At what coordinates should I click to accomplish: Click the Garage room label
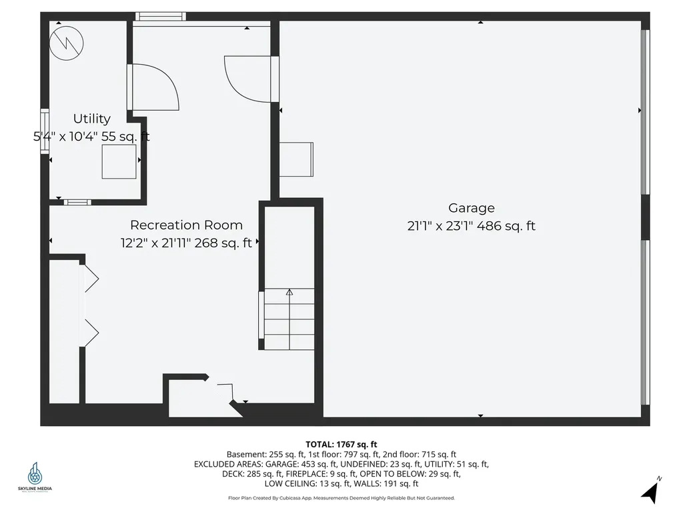coord(471,208)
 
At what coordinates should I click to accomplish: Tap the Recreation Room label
coord(186,225)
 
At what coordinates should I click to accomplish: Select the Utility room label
coord(91,119)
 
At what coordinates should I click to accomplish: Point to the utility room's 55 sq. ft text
coord(125,137)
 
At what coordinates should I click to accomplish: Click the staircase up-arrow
coord(289,292)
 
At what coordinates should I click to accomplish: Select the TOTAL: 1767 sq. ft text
coord(341,444)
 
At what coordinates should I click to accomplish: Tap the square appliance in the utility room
coord(119,161)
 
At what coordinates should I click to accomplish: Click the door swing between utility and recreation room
coord(154,87)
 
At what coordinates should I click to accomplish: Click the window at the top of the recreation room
coord(161,16)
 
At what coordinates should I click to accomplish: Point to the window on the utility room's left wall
coord(45,132)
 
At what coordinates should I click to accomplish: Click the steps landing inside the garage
coord(295,159)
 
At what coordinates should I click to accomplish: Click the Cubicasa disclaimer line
coord(341,497)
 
